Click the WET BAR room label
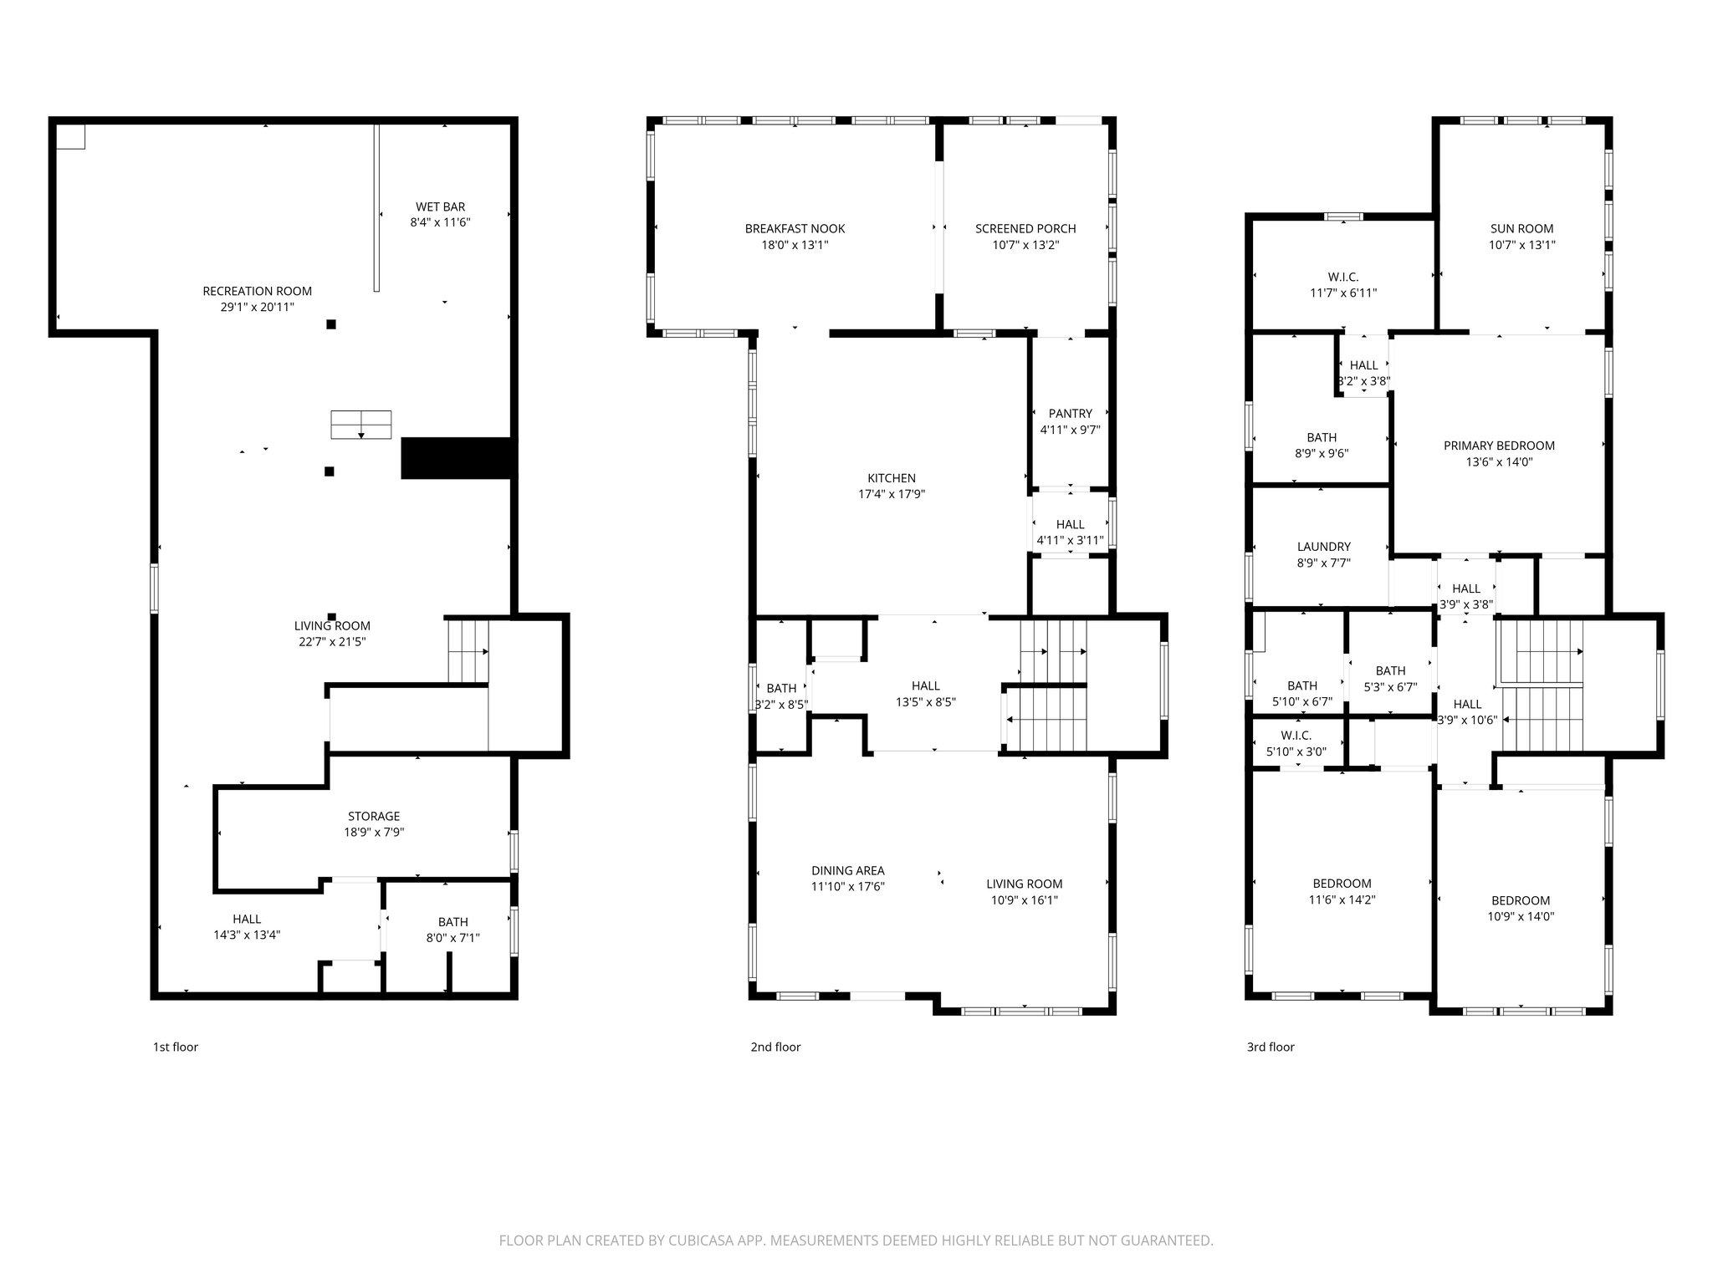(440, 206)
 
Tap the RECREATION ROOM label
(257, 291)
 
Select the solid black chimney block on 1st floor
(456, 458)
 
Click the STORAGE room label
(374, 816)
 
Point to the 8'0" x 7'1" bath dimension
(453, 938)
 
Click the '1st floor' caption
(175, 1047)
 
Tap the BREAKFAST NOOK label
(795, 228)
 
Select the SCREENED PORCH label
(1025, 228)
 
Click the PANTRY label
(1070, 413)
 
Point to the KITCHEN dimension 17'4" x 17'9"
(892, 494)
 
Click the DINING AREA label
(847, 870)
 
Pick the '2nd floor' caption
(775, 1047)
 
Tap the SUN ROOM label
(1521, 228)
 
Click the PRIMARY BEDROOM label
(1499, 446)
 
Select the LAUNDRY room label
(1323, 547)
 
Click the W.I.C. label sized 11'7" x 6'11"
(1342, 277)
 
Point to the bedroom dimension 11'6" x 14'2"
(1342, 900)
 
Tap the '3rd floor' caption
(1270, 1047)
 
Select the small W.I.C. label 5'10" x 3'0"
(1296, 735)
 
